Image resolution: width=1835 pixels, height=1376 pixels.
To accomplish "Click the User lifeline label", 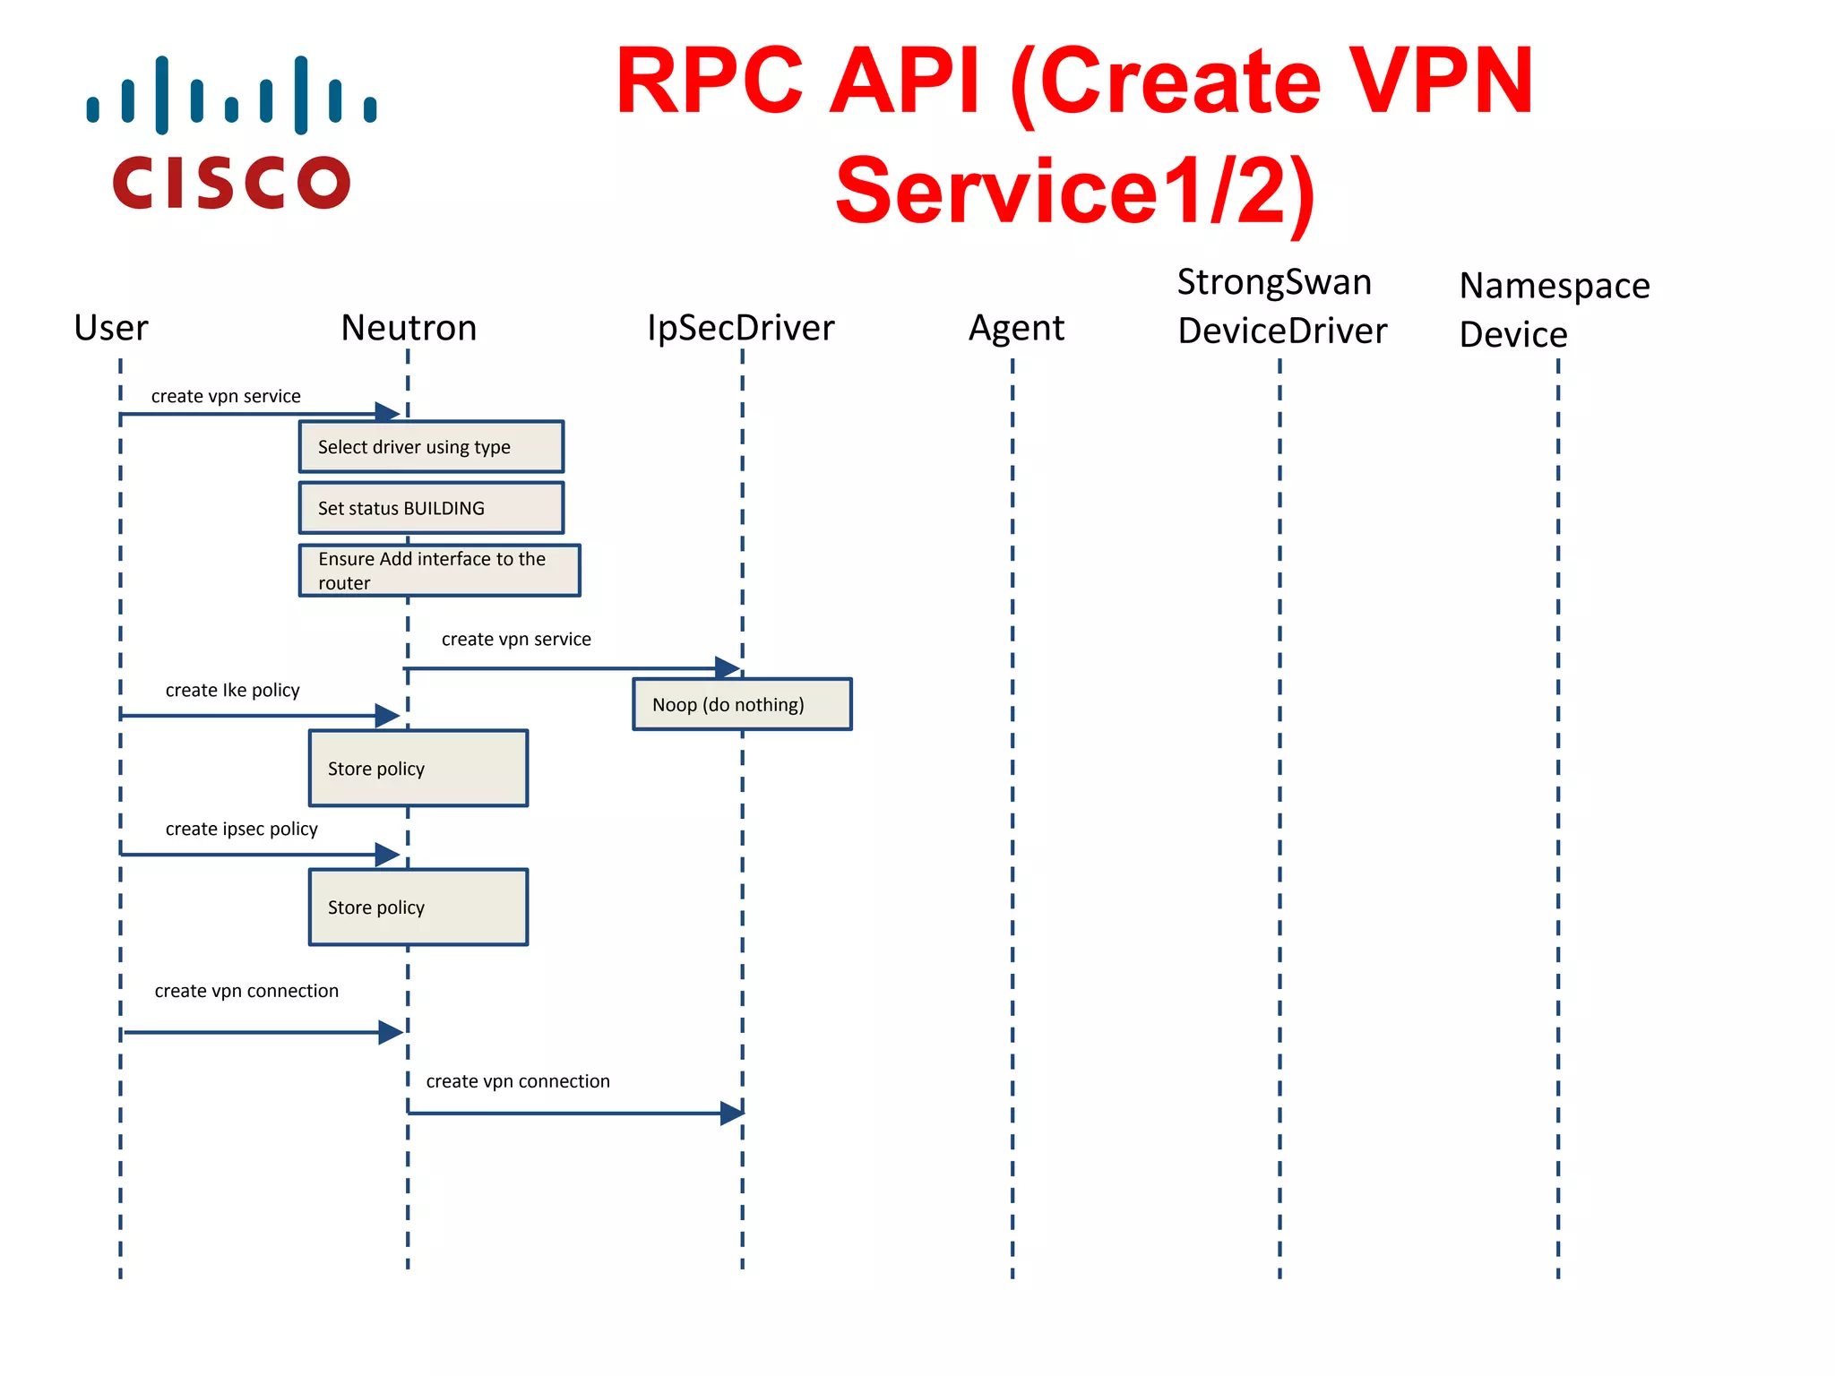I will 111,328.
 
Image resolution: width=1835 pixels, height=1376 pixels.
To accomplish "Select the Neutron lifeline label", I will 409,328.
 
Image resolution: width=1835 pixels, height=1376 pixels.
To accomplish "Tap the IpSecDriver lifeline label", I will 740,328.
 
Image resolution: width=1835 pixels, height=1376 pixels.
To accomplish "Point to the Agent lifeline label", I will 1016,328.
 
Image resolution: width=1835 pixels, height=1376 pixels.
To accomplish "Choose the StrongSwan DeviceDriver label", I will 1281,306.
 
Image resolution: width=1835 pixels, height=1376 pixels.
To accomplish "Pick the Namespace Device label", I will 1554,310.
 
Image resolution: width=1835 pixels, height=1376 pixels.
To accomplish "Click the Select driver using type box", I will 431,446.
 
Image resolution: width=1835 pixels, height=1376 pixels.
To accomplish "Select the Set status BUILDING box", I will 431,508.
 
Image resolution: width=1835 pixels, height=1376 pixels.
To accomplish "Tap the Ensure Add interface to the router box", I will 439,571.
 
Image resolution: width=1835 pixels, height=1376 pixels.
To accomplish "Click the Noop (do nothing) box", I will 742,704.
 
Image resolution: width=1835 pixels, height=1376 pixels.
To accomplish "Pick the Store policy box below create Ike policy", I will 418,769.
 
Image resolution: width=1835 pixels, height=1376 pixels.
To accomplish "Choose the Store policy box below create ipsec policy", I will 418,907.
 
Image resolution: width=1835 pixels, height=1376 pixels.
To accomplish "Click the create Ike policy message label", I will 232,690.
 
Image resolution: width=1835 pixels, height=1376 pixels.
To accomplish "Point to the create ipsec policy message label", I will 241,829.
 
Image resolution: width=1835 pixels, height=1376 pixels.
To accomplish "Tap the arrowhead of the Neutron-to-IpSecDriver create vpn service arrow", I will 728,667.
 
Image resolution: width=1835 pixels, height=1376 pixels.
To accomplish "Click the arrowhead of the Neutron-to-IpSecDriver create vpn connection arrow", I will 732,1114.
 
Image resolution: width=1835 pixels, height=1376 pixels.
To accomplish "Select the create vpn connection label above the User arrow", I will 246,991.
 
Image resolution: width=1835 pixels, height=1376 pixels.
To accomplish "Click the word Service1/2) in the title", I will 1074,191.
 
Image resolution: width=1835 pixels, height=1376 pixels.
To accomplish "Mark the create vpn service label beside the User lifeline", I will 226,396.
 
